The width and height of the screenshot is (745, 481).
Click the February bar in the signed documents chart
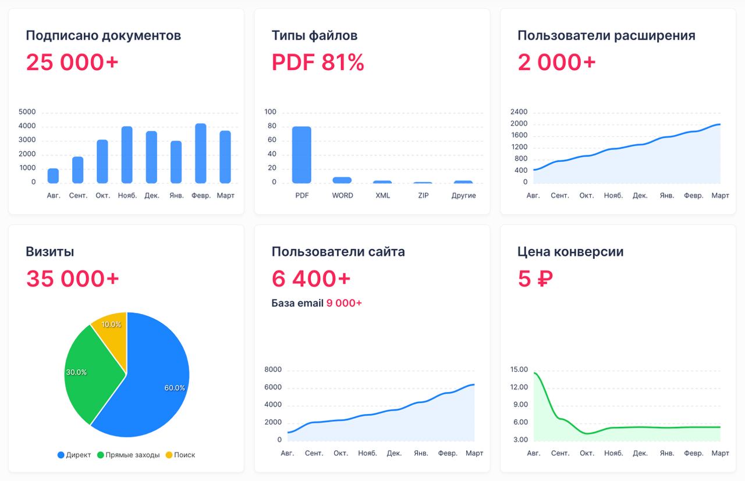pos(200,154)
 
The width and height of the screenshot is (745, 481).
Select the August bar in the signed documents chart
pos(53,176)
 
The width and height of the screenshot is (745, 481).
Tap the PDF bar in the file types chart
pos(301,155)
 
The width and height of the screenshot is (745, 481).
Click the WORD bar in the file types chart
pos(342,180)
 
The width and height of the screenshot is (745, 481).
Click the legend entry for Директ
pos(74,455)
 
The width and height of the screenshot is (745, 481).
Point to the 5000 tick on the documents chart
pos(27,112)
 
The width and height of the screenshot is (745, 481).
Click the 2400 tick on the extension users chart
pos(519,112)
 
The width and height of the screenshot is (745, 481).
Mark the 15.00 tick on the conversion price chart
pos(519,369)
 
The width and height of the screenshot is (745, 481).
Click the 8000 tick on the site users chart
pos(273,369)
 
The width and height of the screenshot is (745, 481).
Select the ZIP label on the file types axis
pos(423,195)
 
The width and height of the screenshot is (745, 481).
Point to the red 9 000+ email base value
pos(344,303)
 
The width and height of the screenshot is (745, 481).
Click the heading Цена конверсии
pos(570,252)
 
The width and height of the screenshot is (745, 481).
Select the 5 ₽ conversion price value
pos(535,279)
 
